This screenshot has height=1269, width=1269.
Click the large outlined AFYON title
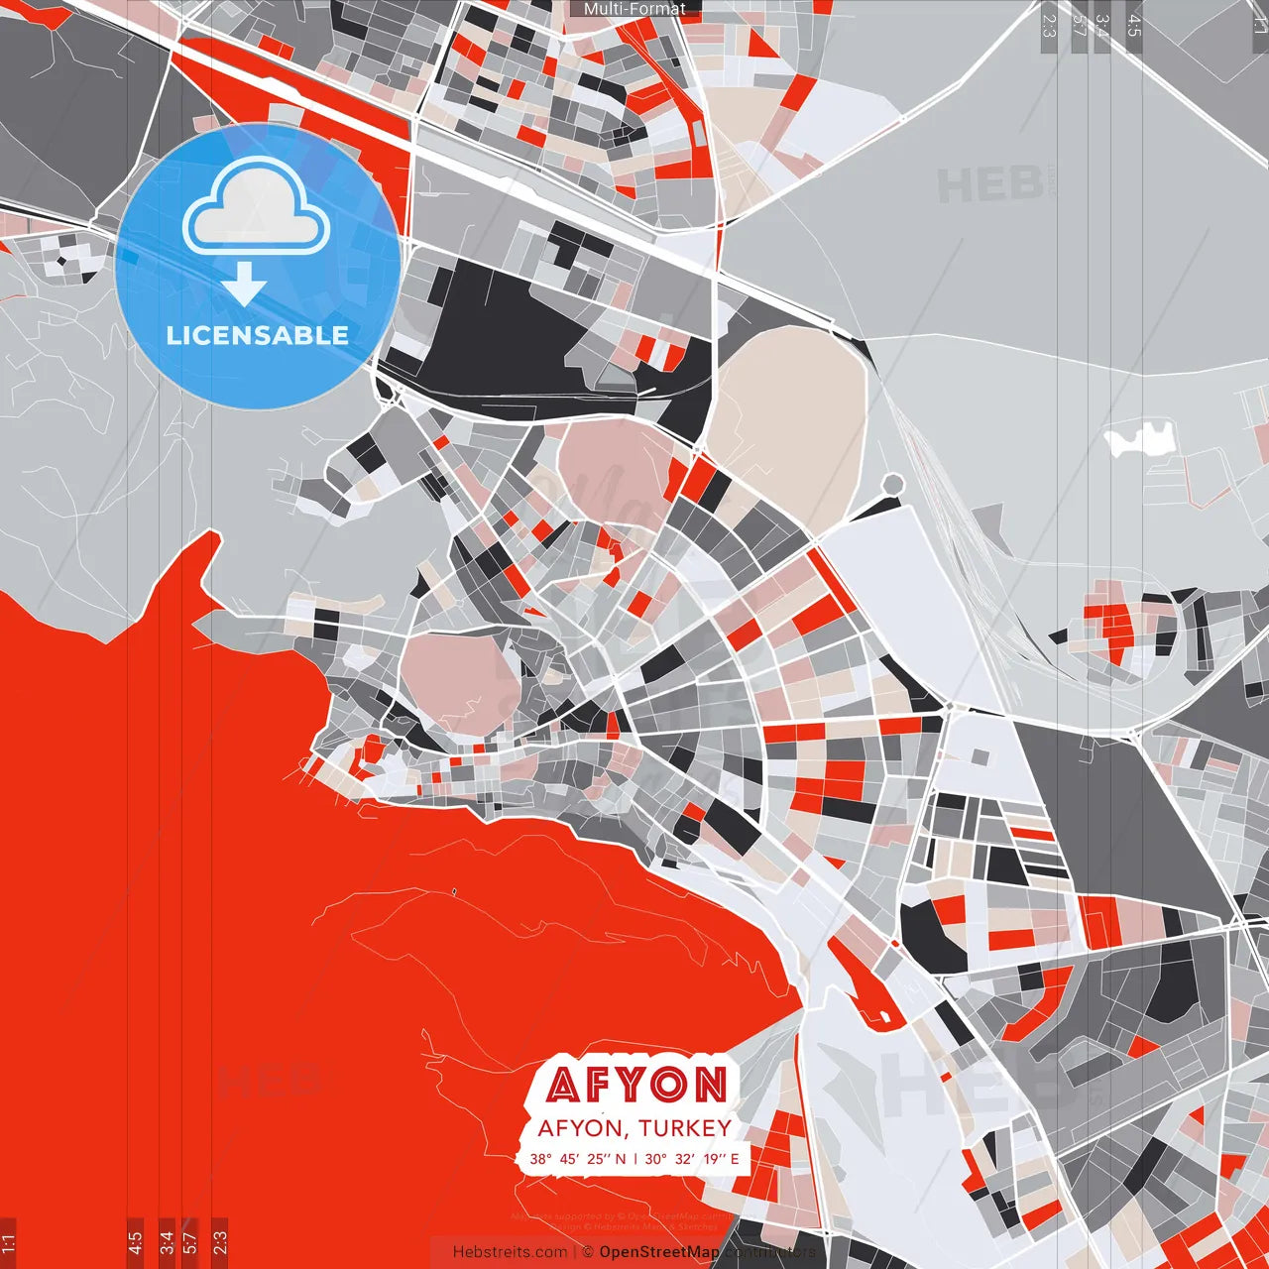pyautogui.click(x=635, y=1085)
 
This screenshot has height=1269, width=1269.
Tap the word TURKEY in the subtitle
pyautogui.click(x=685, y=1128)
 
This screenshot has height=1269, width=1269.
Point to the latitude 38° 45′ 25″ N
pyautogui.click(x=578, y=1158)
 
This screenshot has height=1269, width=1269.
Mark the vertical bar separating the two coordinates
pyautogui.click(x=635, y=1158)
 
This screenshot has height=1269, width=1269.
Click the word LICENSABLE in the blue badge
pyautogui.click(x=258, y=335)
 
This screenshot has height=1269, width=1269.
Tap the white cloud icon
pyautogui.click(x=257, y=208)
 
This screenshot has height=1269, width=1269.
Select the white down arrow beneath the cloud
pyautogui.click(x=244, y=285)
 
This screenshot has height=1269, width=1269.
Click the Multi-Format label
pyautogui.click(x=634, y=9)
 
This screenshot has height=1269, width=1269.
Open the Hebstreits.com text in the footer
pyautogui.click(x=510, y=1252)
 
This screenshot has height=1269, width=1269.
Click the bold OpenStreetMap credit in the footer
pyautogui.click(x=659, y=1252)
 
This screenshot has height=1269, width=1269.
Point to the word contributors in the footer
pyautogui.click(x=769, y=1252)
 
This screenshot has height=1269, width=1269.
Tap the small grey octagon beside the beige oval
pyautogui.click(x=893, y=484)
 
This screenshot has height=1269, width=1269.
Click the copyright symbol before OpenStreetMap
pyautogui.click(x=588, y=1252)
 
